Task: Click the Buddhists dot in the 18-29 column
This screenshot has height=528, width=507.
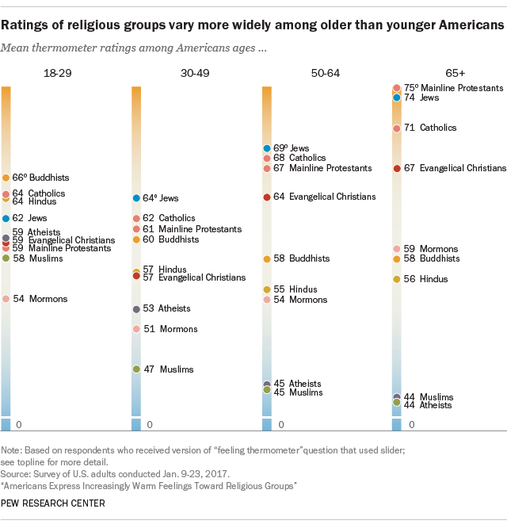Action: pyautogui.click(x=6, y=178)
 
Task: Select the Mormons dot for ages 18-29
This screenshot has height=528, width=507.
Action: pyautogui.click(x=6, y=299)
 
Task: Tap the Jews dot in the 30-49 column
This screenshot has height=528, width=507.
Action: pyautogui.click(x=136, y=198)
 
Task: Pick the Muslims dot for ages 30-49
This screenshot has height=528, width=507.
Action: pyautogui.click(x=136, y=369)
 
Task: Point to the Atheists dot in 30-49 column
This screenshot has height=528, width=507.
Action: pyautogui.click(x=136, y=308)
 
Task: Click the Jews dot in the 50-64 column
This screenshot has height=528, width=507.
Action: pyautogui.click(x=267, y=148)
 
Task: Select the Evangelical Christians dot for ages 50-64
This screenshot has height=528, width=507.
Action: pyautogui.click(x=267, y=197)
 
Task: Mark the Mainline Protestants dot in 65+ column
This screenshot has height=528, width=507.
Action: pyautogui.click(x=397, y=88)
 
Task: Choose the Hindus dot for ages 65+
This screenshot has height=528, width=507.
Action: pyautogui.click(x=397, y=279)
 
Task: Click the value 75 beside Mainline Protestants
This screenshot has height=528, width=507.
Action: pyautogui.click(x=410, y=88)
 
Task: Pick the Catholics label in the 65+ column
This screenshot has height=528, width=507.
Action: pyautogui.click(x=437, y=128)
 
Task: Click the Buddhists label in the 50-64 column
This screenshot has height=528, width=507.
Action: pyautogui.click(x=309, y=258)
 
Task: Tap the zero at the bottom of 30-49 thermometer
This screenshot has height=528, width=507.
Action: pyautogui.click(x=149, y=426)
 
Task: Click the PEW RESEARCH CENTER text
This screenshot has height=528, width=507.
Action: pyautogui.click(x=53, y=503)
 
